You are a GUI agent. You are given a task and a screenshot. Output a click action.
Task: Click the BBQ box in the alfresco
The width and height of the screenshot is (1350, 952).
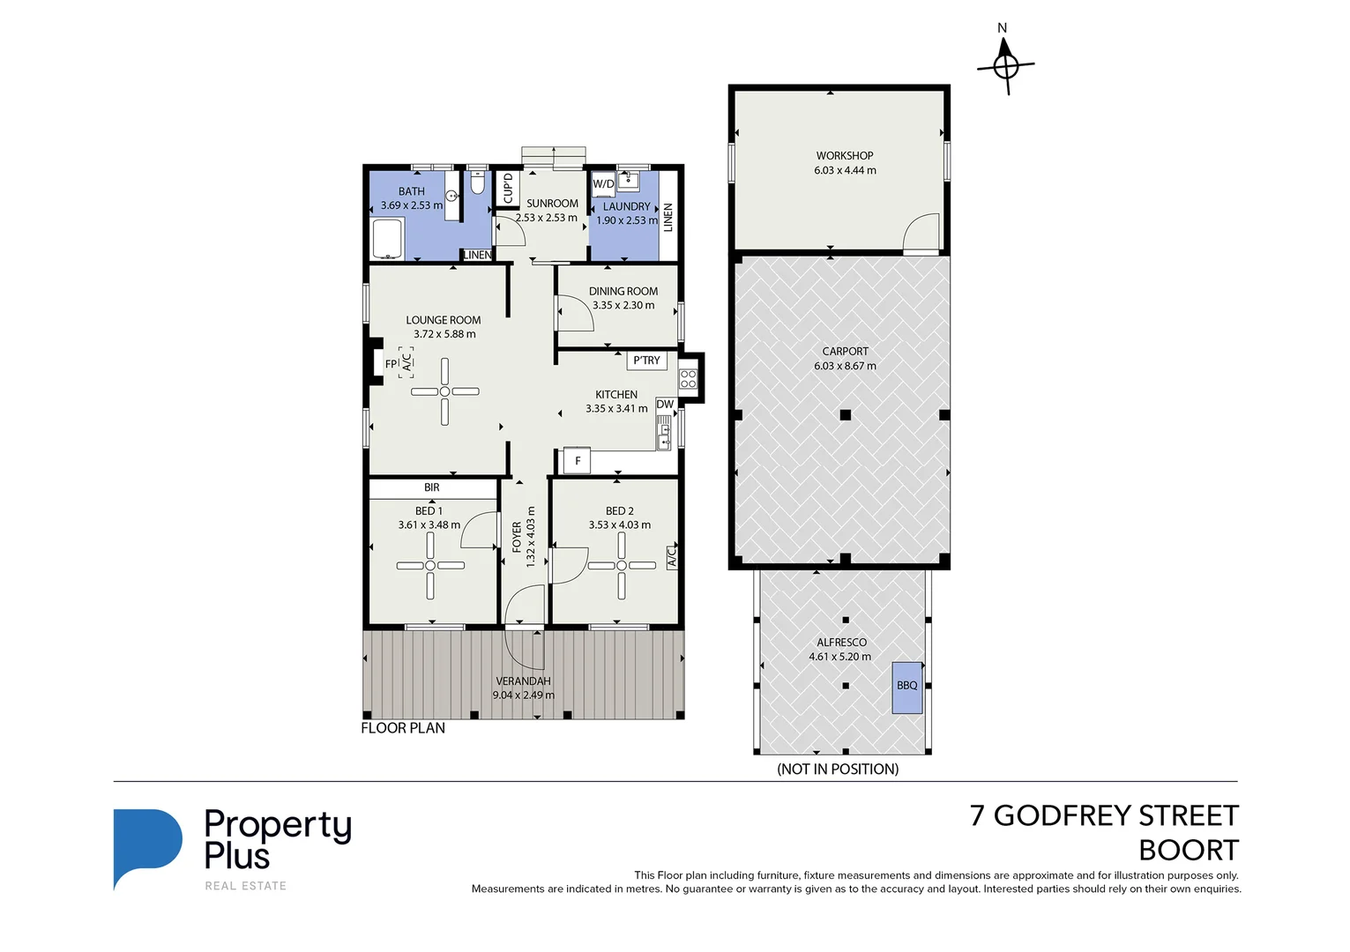tap(907, 687)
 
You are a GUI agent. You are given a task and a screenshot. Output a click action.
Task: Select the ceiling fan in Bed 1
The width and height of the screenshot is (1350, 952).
tap(430, 566)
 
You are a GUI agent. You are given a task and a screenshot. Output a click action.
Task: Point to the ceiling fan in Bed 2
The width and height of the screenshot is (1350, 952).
tap(621, 566)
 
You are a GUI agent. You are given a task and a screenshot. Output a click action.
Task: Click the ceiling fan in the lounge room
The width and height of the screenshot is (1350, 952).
tap(445, 391)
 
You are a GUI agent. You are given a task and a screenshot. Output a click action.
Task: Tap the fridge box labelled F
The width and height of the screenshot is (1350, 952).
tap(578, 461)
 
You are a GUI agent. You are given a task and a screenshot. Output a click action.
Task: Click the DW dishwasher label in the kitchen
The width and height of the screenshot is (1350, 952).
tap(665, 405)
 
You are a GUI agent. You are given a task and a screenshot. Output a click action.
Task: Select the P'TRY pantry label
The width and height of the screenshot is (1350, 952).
tap(646, 361)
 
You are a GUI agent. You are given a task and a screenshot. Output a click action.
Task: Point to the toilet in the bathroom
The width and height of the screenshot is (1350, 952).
tap(477, 183)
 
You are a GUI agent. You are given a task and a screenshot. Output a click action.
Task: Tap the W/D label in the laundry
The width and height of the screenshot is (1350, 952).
tap(603, 184)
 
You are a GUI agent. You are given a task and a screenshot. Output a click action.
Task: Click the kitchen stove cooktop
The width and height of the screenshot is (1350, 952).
tap(688, 379)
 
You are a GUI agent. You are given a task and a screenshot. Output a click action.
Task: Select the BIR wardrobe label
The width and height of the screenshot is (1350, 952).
tap(431, 487)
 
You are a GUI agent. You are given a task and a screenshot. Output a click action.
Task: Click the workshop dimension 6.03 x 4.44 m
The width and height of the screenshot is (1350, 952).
tap(845, 170)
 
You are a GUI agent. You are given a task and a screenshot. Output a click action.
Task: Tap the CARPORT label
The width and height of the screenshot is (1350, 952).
tap(845, 351)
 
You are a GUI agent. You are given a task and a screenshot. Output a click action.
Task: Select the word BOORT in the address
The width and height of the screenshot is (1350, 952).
tap(1188, 851)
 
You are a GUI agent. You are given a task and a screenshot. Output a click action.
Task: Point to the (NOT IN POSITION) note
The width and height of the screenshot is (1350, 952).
tap(838, 769)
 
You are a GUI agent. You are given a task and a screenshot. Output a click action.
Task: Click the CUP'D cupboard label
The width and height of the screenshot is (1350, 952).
tap(508, 188)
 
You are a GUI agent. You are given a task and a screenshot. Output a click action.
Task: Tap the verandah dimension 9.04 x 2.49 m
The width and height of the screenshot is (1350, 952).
tap(523, 695)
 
